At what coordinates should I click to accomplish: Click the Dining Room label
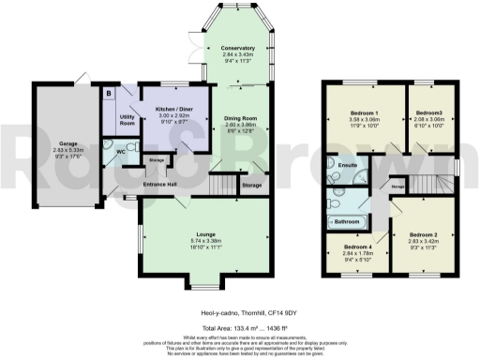[240, 119]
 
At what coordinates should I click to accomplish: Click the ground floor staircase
[218, 187]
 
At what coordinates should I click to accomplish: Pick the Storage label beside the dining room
[251, 187]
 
